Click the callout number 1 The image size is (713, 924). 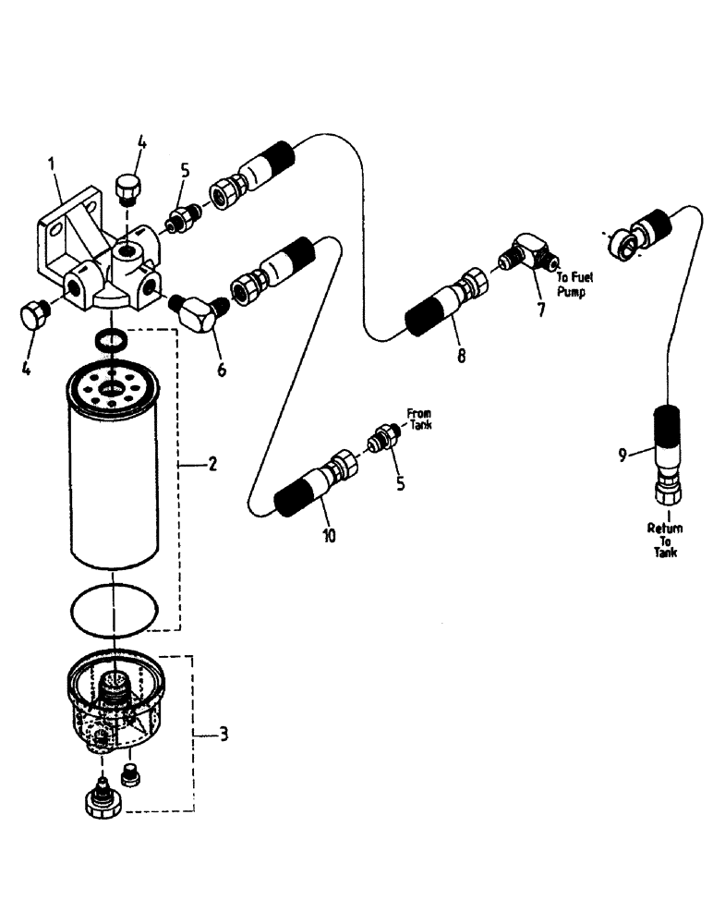53,165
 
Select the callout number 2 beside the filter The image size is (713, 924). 212,465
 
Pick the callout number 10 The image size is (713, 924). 330,535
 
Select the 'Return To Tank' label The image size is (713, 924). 665,540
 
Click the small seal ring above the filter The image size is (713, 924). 110,340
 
